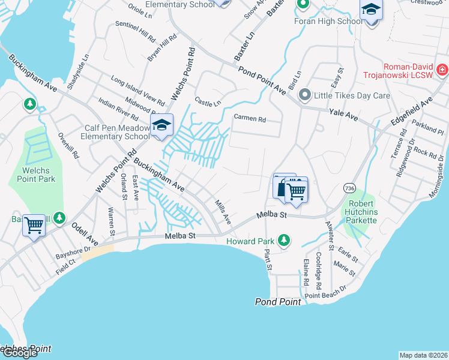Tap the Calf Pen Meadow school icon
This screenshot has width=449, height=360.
[x=161, y=125]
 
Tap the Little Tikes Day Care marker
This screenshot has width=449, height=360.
[x=305, y=95]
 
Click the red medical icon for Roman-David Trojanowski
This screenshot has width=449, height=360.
[x=442, y=70]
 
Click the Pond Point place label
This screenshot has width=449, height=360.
[x=278, y=302]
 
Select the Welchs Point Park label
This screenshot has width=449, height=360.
[x=35, y=175]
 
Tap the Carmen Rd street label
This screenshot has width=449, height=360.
[x=249, y=118]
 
